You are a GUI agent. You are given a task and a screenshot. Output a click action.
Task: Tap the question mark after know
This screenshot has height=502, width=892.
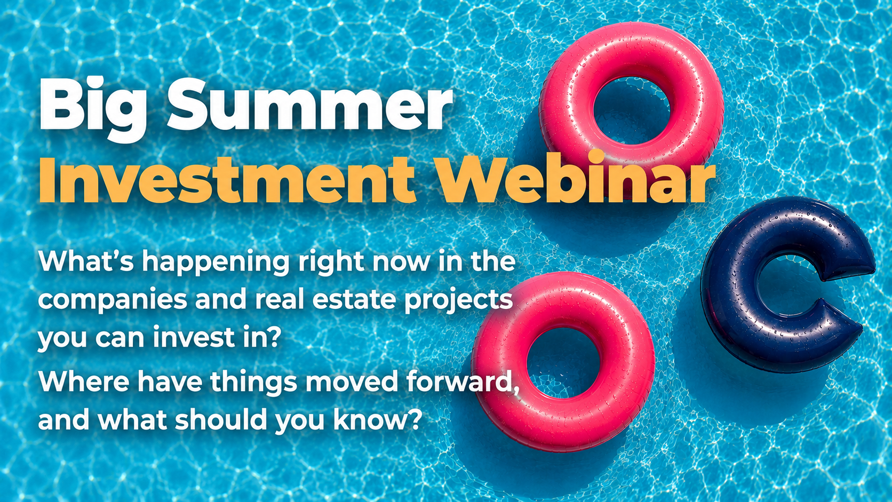coord(413,419)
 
